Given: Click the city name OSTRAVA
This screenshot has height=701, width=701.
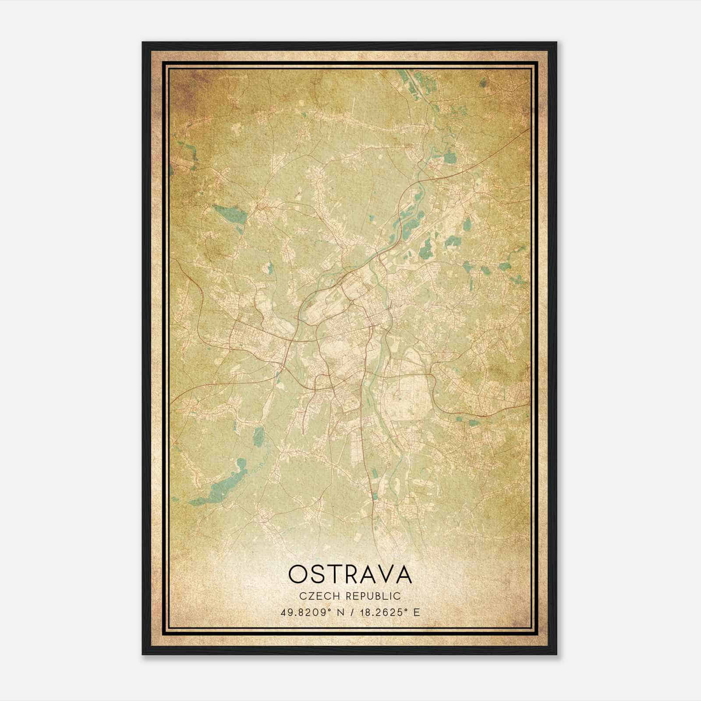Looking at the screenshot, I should [x=350, y=574].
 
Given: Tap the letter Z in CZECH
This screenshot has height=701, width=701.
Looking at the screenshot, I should [x=309, y=596].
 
